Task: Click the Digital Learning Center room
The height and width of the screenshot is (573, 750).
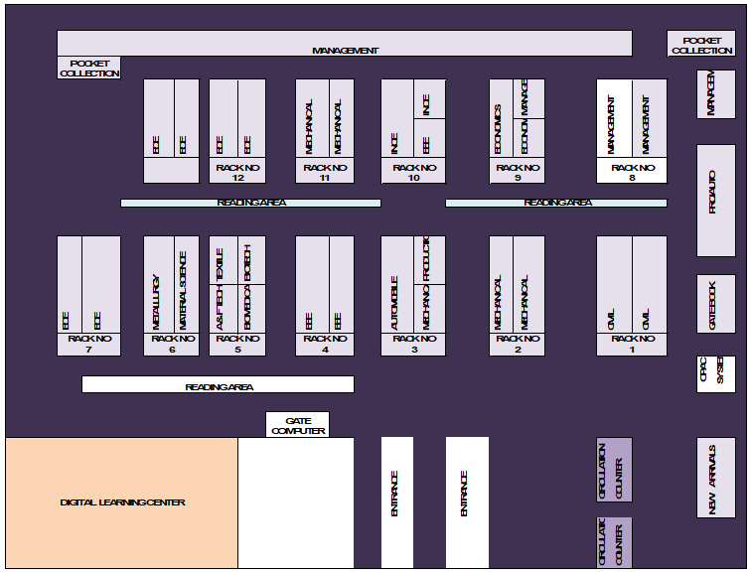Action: [x=122, y=502]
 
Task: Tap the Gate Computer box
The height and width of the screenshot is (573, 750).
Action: [x=297, y=424]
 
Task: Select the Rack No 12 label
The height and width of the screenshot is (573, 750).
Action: [x=237, y=173]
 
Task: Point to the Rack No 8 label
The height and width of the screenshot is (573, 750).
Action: [x=632, y=173]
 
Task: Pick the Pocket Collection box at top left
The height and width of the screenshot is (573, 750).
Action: [x=89, y=68]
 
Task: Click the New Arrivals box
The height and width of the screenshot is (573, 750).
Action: [x=716, y=478]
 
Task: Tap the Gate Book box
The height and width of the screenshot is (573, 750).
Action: [x=716, y=303]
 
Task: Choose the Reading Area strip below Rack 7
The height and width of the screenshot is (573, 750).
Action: [x=218, y=385]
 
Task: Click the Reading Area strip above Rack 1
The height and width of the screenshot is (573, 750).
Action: [x=555, y=203]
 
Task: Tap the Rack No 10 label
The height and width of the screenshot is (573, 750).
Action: [x=413, y=173]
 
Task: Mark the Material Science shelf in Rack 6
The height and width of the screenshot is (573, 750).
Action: [x=186, y=284]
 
